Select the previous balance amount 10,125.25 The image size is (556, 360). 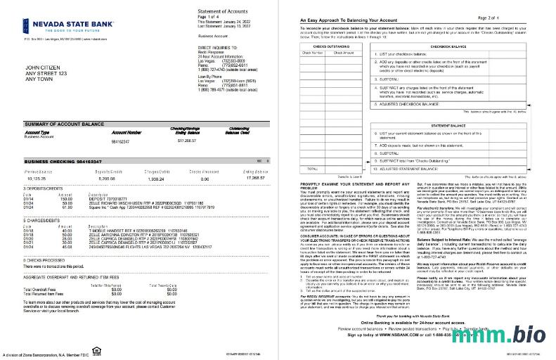[34, 179]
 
